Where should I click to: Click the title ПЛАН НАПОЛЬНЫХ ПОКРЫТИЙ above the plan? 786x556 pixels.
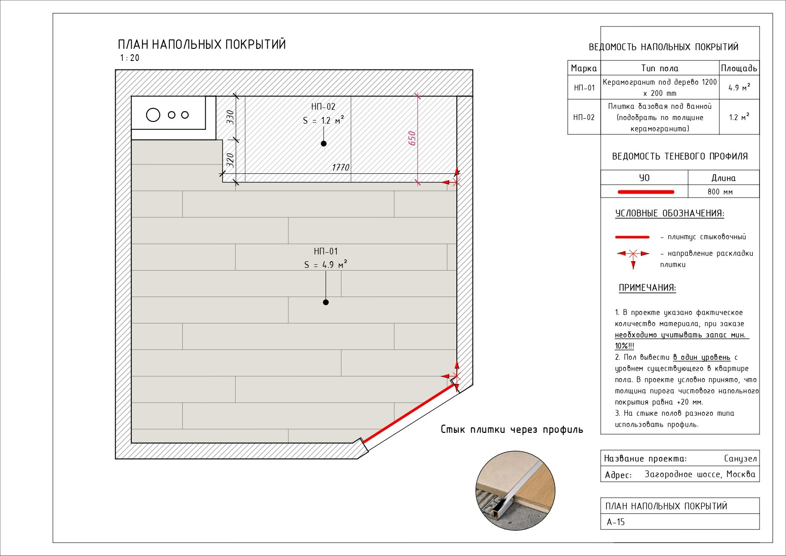coord(202,44)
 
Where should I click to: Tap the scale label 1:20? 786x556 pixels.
coord(129,58)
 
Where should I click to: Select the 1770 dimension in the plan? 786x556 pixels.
coord(340,168)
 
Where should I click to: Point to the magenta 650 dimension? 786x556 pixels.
coord(412,138)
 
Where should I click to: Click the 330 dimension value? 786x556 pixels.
coord(230,117)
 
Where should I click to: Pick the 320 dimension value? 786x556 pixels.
coord(230,159)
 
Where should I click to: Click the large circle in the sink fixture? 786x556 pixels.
coord(153,115)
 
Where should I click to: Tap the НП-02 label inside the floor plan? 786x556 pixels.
coord(323,107)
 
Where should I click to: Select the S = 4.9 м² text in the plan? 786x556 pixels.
coord(326,264)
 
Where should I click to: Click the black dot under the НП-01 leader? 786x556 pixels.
coord(326,302)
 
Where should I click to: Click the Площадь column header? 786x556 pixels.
coord(739,68)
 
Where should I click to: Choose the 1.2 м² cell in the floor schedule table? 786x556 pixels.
coord(739,117)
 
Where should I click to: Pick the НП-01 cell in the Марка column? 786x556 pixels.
coord(584,87)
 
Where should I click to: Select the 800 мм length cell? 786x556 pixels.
coord(720,192)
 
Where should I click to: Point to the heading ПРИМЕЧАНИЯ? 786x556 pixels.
coord(647,288)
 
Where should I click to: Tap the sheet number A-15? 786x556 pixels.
coord(616,522)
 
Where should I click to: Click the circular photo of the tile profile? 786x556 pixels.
coord(515,491)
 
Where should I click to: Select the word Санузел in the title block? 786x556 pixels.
coord(740,458)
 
